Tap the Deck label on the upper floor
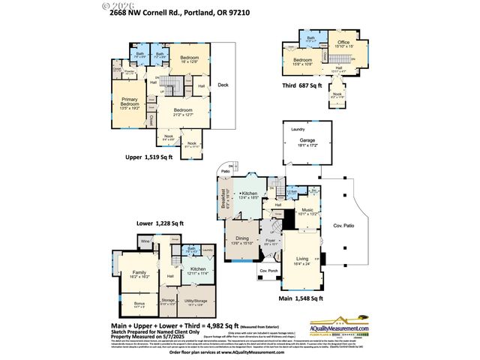[223, 85]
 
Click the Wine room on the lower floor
[145, 241]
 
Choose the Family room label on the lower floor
[139, 273]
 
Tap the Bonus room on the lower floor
[139, 304]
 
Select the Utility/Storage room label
[196, 304]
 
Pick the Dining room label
[242, 239]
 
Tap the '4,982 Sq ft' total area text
[217, 325]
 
